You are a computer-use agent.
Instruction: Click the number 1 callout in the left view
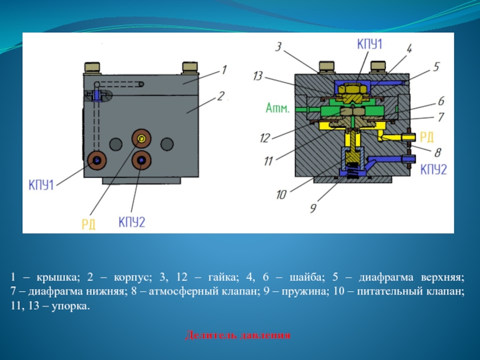click(x=223, y=70)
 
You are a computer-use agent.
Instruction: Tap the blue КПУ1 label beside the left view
click(x=41, y=185)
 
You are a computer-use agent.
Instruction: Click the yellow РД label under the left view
click(x=88, y=224)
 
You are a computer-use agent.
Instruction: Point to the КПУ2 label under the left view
click(x=131, y=223)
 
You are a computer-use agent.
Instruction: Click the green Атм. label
click(x=278, y=109)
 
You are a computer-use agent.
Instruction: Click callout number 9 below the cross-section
click(x=313, y=208)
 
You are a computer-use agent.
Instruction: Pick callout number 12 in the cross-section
click(x=265, y=139)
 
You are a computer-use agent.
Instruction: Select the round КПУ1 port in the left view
click(x=97, y=160)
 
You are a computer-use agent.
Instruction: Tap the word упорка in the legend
click(x=71, y=306)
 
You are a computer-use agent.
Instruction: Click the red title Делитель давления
click(x=238, y=335)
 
